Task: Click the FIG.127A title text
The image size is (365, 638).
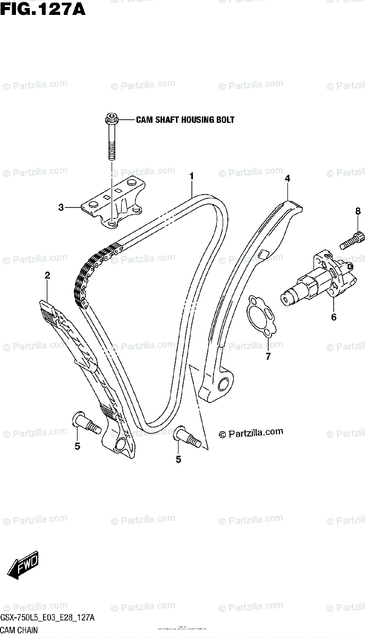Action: point(43,9)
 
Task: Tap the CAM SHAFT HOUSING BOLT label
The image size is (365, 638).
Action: point(185,120)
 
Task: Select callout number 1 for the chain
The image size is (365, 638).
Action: point(191,175)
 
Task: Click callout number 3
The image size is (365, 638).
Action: point(61,207)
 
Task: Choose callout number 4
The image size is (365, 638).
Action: point(287,179)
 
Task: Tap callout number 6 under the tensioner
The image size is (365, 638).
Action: point(334,317)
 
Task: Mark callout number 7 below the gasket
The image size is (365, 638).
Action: point(268,356)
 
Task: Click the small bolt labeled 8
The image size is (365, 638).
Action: point(352,240)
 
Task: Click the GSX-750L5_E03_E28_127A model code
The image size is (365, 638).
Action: point(48,618)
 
